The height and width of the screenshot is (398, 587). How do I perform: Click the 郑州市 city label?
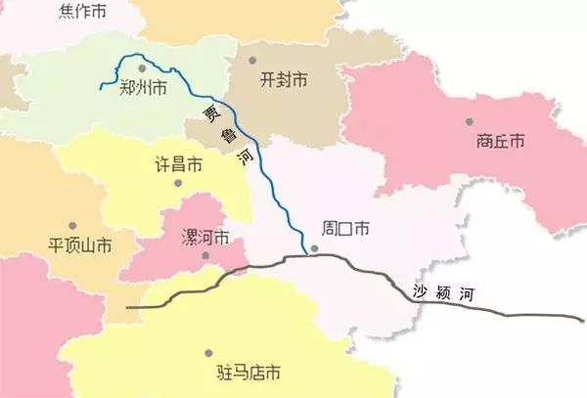tap(142, 88)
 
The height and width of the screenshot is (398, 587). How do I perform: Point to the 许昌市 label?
tap(179, 164)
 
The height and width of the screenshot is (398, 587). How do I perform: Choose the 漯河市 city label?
tap(206, 238)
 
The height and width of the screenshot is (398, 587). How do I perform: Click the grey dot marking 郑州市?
tap(142, 68)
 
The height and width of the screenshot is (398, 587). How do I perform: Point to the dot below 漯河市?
tap(205, 257)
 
